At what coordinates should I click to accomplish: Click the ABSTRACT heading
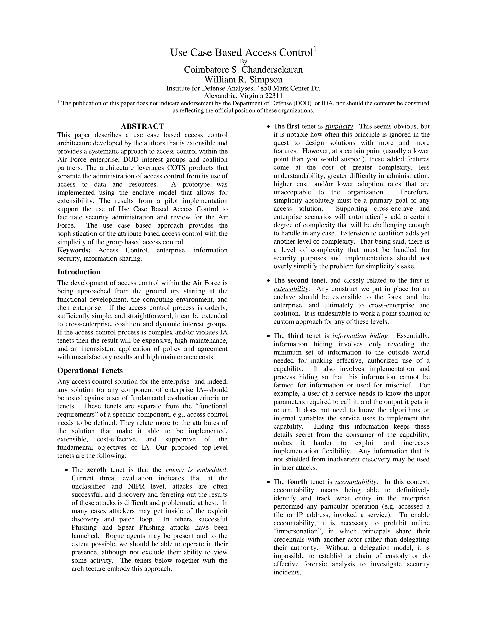click(142, 126)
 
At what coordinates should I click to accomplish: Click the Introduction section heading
click(79, 272)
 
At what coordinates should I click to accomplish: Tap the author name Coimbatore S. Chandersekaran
click(243, 70)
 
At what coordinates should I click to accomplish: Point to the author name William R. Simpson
click(243, 79)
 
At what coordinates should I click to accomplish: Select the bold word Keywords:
click(74, 250)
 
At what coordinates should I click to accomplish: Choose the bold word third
click(295, 336)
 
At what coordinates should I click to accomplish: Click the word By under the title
click(243, 61)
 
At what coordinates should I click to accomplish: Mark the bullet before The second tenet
click(269, 281)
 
